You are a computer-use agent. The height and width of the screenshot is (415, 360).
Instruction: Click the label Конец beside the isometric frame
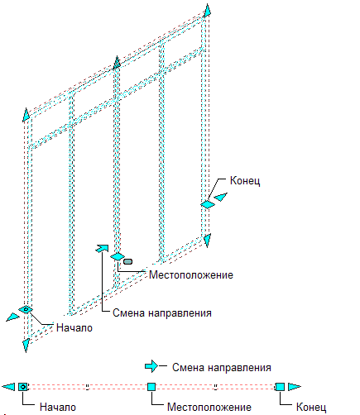click(x=245, y=181)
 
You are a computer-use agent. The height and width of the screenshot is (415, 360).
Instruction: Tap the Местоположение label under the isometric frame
click(x=191, y=274)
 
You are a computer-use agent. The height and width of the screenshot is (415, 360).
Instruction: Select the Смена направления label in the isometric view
click(x=162, y=313)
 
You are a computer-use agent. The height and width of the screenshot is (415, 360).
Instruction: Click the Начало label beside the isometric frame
click(x=74, y=327)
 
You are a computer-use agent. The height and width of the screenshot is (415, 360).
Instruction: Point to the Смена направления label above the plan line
click(x=222, y=368)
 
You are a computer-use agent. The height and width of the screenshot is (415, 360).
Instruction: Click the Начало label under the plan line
click(x=58, y=407)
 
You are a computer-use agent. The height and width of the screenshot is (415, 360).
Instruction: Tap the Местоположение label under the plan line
click(x=209, y=407)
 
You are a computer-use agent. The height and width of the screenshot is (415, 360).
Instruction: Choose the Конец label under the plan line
click(x=311, y=408)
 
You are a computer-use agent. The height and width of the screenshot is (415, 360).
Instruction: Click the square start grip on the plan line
click(x=23, y=387)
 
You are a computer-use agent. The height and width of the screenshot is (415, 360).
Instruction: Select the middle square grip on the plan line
click(x=151, y=387)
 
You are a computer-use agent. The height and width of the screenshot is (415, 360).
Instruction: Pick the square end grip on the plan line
click(x=280, y=387)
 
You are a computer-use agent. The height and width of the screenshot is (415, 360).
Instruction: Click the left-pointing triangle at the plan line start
click(x=8, y=387)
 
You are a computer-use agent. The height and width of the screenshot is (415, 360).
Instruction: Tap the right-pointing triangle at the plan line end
click(x=295, y=387)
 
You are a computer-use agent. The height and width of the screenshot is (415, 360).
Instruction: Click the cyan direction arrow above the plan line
click(x=151, y=366)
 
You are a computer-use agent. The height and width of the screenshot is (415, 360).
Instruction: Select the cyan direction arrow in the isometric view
click(x=102, y=248)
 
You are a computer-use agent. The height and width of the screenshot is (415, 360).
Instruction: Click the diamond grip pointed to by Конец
click(x=208, y=204)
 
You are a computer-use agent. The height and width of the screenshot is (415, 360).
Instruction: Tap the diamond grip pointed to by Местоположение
click(x=118, y=256)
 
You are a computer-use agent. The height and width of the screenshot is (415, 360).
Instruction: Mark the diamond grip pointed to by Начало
click(x=26, y=309)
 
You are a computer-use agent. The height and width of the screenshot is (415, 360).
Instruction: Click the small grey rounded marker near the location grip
click(x=127, y=261)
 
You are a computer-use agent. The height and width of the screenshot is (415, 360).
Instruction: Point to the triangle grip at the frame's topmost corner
click(x=207, y=11)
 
